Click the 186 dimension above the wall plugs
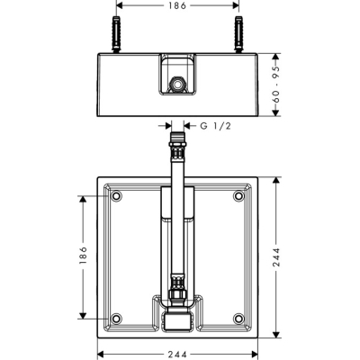point(177,5)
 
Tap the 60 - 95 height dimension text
point(276,85)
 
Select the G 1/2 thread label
point(215,126)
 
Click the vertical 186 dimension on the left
point(83,256)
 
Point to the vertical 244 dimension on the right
point(276,256)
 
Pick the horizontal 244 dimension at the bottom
point(177,355)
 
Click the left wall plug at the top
point(116,35)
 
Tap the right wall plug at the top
point(238,35)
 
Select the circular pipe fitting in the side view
point(177,84)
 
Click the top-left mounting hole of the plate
point(116,196)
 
